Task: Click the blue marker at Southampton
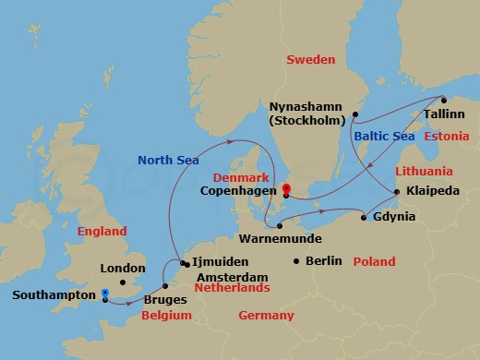point(105,295)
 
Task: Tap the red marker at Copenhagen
point(285,191)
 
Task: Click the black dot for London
point(123,282)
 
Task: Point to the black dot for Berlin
point(295,261)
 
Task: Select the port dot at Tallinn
point(443,101)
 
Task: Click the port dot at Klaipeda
point(397,192)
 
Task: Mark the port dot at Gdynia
point(365,218)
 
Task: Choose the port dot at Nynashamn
point(354,114)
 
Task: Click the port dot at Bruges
point(165,285)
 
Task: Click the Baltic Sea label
point(383,137)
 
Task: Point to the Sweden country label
point(311,59)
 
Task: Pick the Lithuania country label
point(424,172)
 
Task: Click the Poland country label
point(375,261)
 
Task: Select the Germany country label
point(266,316)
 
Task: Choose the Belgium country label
point(167,316)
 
